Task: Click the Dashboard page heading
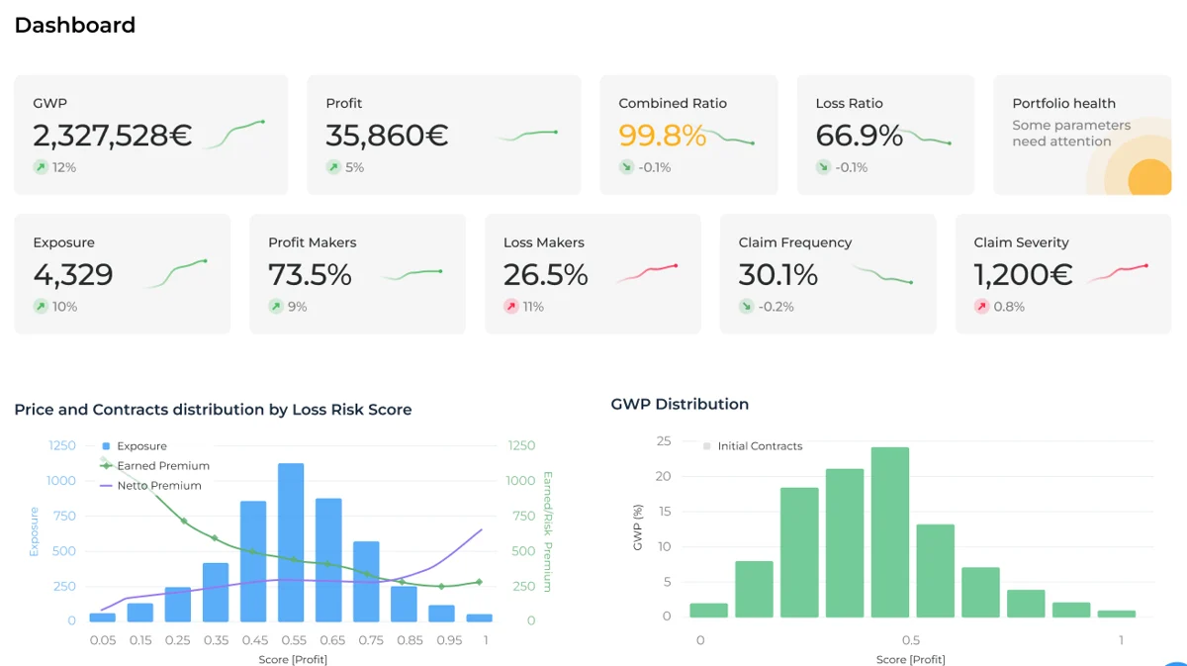(74, 26)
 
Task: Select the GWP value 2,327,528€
(112, 136)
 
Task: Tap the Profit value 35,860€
(387, 136)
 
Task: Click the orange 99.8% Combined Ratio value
(662, 136)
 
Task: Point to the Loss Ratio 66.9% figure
(859, 136)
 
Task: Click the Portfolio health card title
(1063, 103)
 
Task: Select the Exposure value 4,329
(73, 274)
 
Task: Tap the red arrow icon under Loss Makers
(511, 307)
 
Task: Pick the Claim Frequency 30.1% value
(777, 274)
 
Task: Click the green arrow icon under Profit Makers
(276, 307)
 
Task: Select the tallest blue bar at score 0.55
(291, 540)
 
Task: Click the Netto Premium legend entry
(158, 486)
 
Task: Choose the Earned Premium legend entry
(162, 466)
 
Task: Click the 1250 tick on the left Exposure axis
(62, 446)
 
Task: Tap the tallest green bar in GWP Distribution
(889, 532)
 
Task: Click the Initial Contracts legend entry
(759, 446)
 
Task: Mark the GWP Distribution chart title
(680, 404)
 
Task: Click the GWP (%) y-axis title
(638, 528)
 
